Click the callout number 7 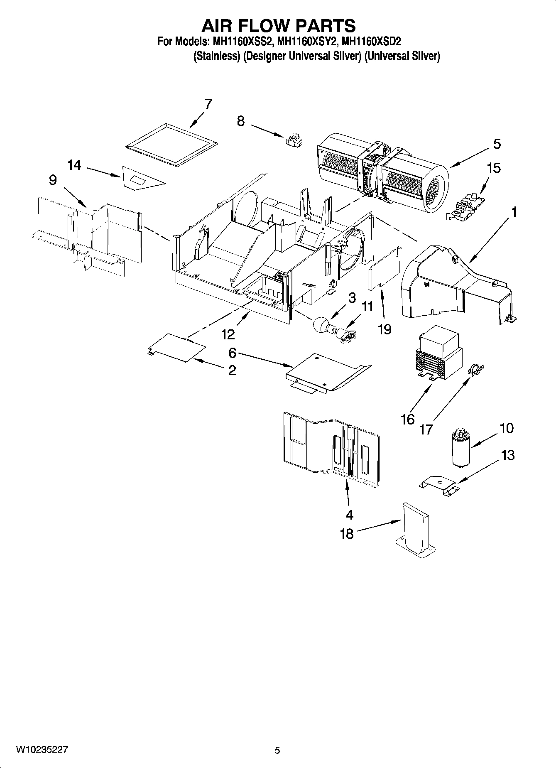(x=208, y=103)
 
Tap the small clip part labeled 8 (x=294, y=140)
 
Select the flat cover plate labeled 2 (x=178, y=346)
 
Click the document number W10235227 (x=42, y=749)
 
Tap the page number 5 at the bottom (x=277, y=750)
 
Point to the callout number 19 (x=385, y=329)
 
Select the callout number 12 (x=228, y=334)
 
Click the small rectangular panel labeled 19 (x=383, y=270)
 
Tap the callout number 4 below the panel (x=349, y=515)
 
